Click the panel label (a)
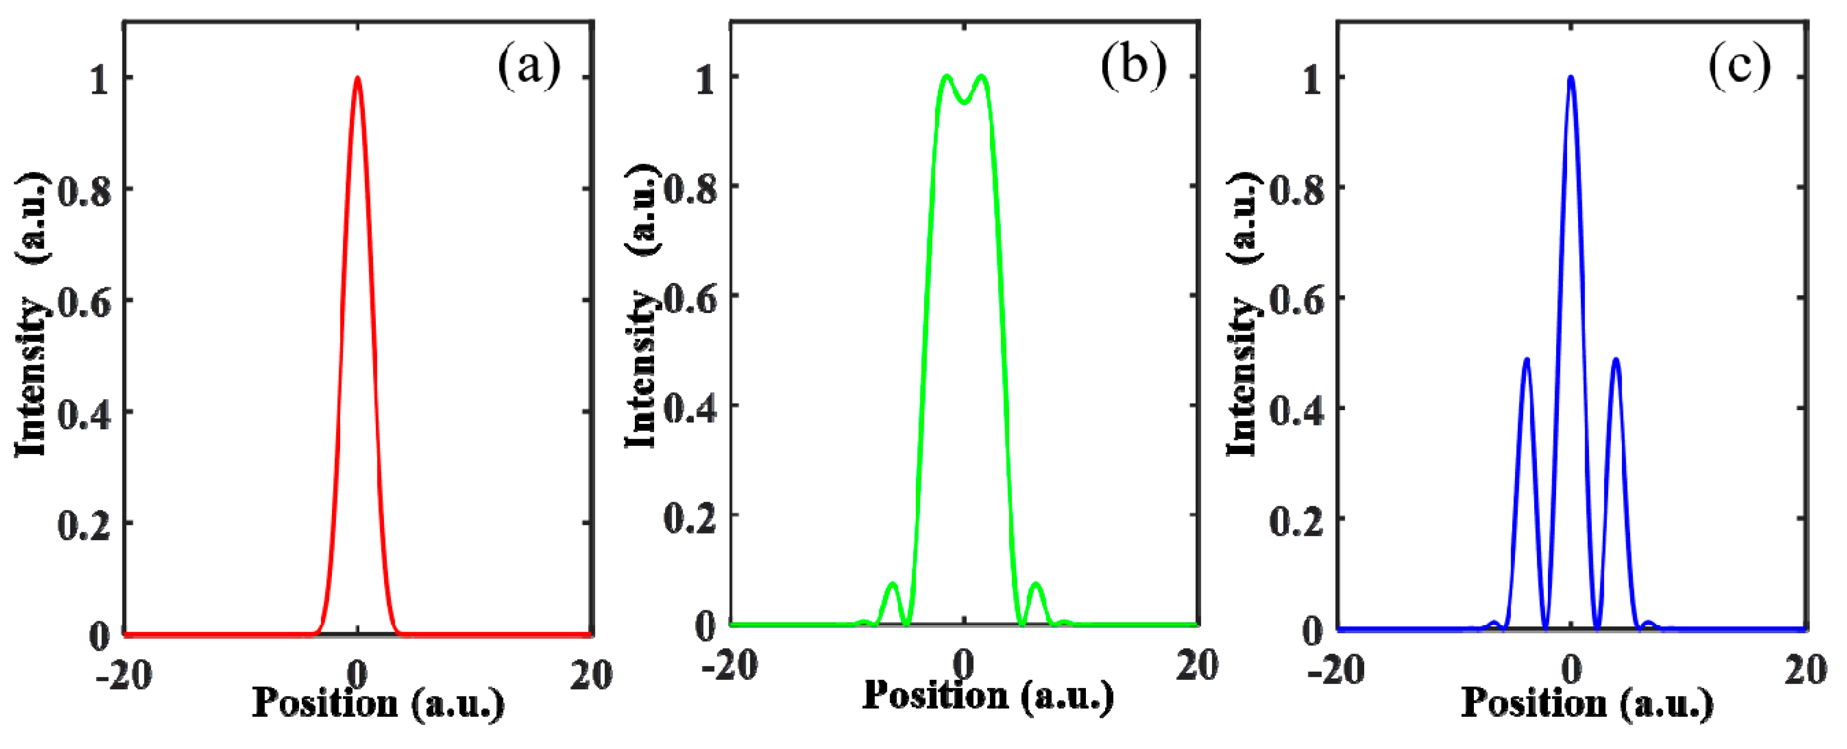(x=529, y=66)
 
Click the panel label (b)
(x=1134, y=66)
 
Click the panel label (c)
(x=1739, y=66)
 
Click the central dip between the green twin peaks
(x=964, y=103)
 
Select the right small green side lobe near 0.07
(x=1036, y=585)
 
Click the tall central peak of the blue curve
(x=1571, y=77)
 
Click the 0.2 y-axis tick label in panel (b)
(x=690, y=518)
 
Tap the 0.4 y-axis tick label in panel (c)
(x=1296, y=411)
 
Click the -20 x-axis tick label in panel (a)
(x=123, y=675)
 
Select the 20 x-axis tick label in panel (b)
(x=1197, y=665)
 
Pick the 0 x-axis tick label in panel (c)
(x=1571, y=670)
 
